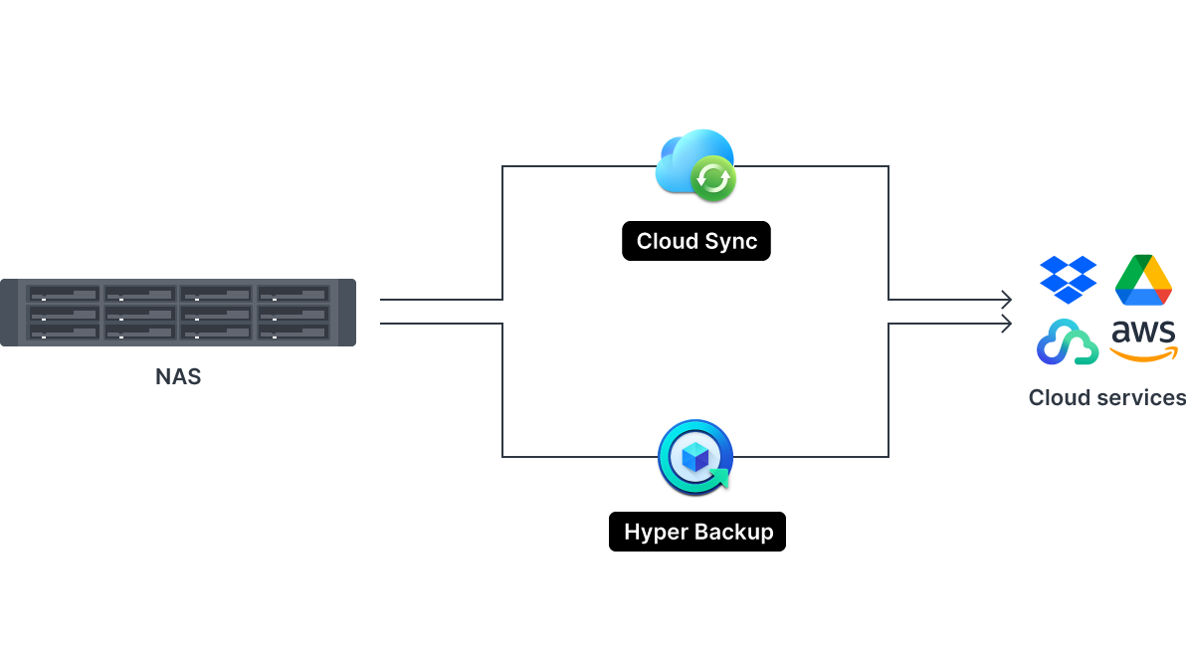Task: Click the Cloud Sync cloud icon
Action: pyautogui.click(x=690, y=159)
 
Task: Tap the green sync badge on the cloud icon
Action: pyautogui.click(x=712, y=178)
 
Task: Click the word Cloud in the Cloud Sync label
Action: pyautogui.click(x=664, y=241)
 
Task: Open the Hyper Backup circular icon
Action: pyautogui.click(x=695, y=457)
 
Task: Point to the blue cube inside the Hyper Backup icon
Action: pyautogui.click(x=695, y=457)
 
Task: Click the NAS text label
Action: pyautogui.click(x=178, y=377)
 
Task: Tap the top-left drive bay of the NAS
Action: pyautogui.click(x=63, y=295)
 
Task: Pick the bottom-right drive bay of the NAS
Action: pyautogui.click(x=294, y=332)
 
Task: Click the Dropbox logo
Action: pyautogui.click(x=1068, y=279)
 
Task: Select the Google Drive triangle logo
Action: pyautogui.click(x=1143, y=280)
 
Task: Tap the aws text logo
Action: pyautogui.click(x=1143, y=333)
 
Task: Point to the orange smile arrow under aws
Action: pyautogui.click(x=1144, y=353)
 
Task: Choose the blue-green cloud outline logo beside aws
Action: pyautogui.click(x=1067, y=342)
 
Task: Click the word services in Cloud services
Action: pyautogui.click(x=1137, y=397)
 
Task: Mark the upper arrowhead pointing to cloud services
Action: pyautogui.click(x=1007, y=300)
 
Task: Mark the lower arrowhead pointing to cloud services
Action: pyautogui.click(x=1007, y=324)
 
